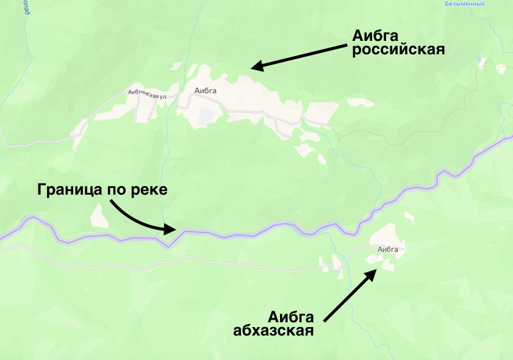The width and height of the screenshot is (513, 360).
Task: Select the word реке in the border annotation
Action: (x=149, y=190)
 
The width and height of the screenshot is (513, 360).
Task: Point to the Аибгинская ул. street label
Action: (x=147, y=95)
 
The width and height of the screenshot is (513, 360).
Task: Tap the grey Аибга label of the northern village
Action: (x=206, y=92)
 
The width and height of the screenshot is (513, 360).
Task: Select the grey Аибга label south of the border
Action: (x=388, y=249)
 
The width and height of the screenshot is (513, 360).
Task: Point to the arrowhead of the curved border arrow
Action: (x=172, y=229)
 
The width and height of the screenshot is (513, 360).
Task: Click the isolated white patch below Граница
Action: (x=96, y=216)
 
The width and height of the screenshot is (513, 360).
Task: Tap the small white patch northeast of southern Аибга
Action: (x=407, y=215)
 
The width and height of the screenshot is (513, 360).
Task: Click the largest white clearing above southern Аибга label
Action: (x=384, y=234)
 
